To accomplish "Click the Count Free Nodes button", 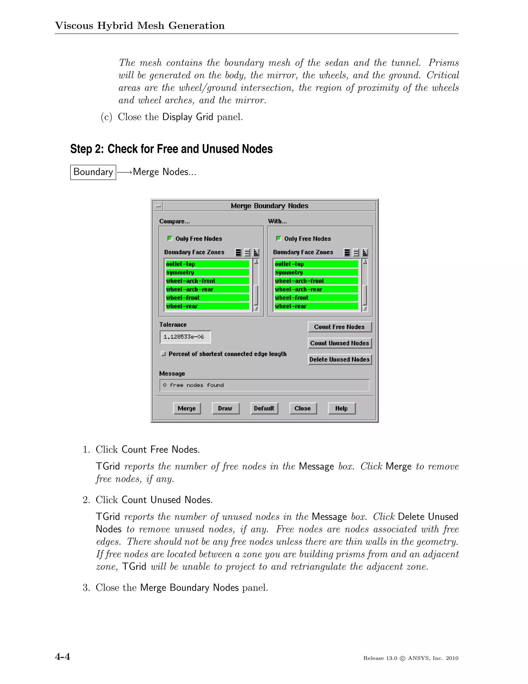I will point(339,327).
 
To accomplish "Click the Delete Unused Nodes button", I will point(339,360).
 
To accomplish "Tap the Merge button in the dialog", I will point(187,408).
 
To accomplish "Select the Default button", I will point(264,408).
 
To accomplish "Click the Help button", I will point(342,408).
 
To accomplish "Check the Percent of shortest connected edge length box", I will point(163,354).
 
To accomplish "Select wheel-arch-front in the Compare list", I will point(207,281).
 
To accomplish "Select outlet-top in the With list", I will point(316,264).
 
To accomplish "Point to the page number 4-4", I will point(63,656).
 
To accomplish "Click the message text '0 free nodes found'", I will point(194,385).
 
